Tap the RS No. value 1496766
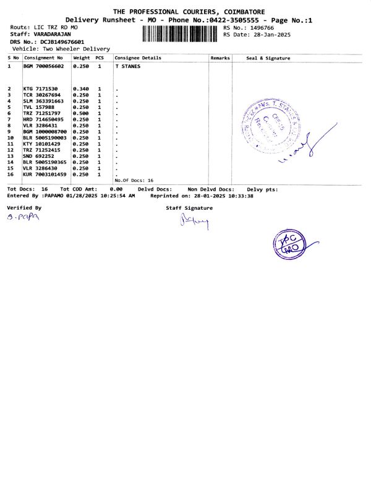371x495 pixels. [x=260, y=28]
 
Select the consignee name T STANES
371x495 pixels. [x=127, y=65]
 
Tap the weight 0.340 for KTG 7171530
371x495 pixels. [x=81, y=89]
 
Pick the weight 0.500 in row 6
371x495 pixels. [x=81, y=113]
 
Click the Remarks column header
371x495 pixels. [x=220, y=58]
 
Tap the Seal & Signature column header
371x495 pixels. [x=268, y=58]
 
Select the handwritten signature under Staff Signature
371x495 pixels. [x=192, y=222]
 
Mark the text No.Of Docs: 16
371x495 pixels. [x=134, y=180]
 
